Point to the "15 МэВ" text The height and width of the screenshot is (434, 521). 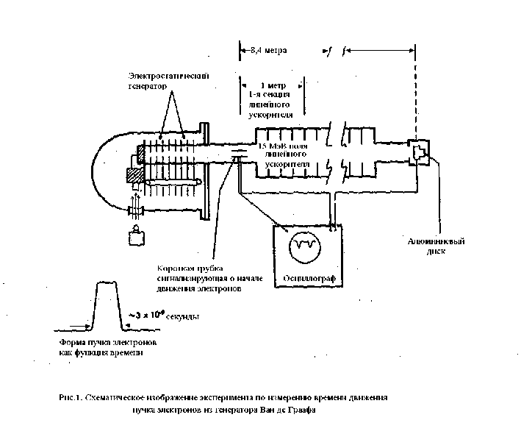272,147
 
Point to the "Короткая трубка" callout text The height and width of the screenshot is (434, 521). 189,268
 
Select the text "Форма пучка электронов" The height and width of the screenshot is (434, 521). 109,343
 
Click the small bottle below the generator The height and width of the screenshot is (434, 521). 137,237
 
